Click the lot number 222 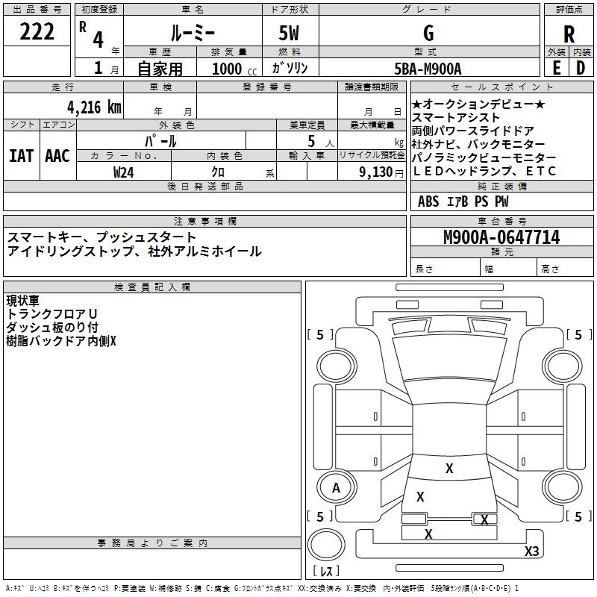coord(37,33)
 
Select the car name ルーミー coord(191,34)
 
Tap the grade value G coord(428,33)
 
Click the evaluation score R coord(569,34)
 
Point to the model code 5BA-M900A coord(428,68)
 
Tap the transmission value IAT coord(21,156)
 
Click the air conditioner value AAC coord(57,156)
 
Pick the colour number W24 coord(123,172)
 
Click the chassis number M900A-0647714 coord(501,237)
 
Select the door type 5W coord(290,34)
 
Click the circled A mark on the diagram coord(336,488)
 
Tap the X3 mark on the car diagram coord(531,551)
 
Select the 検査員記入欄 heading coord(152,287)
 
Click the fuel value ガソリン coord(290,68)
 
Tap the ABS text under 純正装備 coord(428,201)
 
